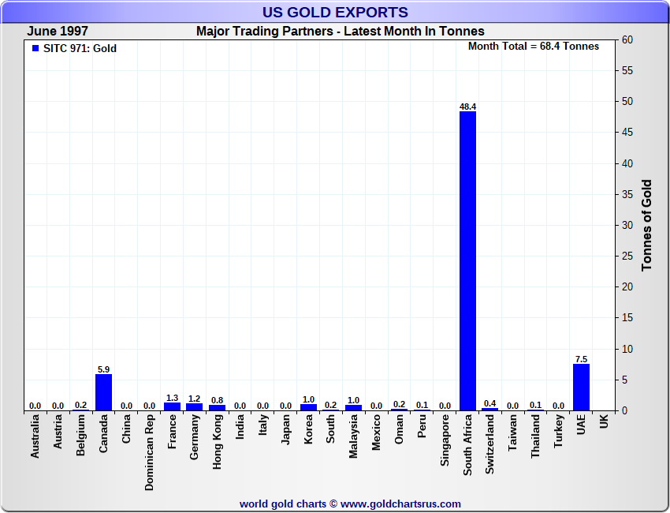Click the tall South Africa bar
click(x=467, y=260)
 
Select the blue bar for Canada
click(x=103, y=392)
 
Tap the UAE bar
click(x=581, y=387)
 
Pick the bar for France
click(x=172, y=406)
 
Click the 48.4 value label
click(x=468, y=107)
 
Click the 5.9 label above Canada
click(x=103, y=369)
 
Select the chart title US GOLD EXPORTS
click(x=335, y=12)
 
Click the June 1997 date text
click(x=58, y=32)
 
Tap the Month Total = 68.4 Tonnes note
click(x=534, y=47)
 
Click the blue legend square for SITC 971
click(x=35, y=48)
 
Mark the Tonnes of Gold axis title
click(x=647, y=225)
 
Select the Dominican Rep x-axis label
click(x=149, y=454)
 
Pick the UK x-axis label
click(x=604, y=422)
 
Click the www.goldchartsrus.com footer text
click(x=400, y=504)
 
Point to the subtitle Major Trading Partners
click(x=341, y=32)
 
